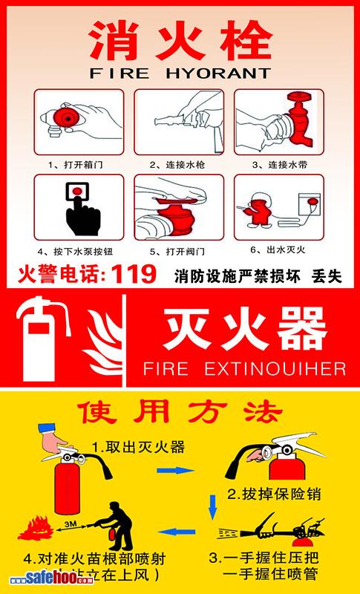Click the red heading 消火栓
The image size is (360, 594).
pos(179,39)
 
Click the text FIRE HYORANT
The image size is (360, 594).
pos(180,74)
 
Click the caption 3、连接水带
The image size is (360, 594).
pos(278,163)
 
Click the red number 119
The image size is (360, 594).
pos(133,275)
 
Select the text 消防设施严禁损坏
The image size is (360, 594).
pos(237,276)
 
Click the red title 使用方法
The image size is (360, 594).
pos(180,410)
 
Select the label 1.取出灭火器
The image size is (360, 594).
pos(138,447)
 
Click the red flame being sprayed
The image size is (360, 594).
pos(34,529)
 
